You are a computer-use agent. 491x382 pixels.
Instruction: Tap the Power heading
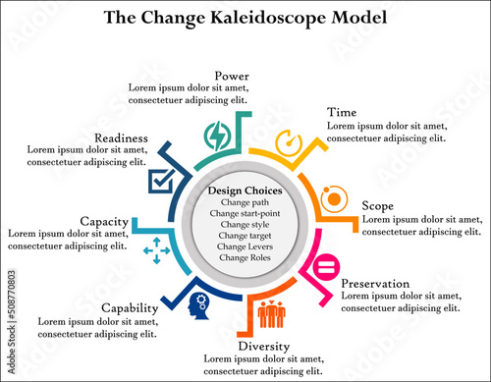pyautogui.click(x=232, y=75)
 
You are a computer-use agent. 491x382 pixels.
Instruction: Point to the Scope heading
pyautogui.click(x=378, y=206)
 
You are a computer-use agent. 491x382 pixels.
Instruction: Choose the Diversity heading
pyautogui.click(x=264, y=347)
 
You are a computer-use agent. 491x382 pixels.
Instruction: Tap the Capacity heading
pyautogui.click(x=105, y=221)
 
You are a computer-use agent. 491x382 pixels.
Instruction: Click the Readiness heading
pyautogui.click(x=122, y=138)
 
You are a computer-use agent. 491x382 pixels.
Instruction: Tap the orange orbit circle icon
pyautogui.click(x=333, y=198)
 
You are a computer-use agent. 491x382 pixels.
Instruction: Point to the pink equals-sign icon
pyautogui.click(x=326, y=266)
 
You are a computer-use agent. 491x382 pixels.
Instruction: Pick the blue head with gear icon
pyautogui.click(x=198, y=305)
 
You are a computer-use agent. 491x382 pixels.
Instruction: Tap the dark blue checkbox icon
pyautogui.click(x=161, y=180)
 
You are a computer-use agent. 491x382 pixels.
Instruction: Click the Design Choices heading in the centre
pyautogui.click(x=245, y=191)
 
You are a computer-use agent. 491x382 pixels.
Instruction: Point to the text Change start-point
pyautogui.click(x=245, y=213)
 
